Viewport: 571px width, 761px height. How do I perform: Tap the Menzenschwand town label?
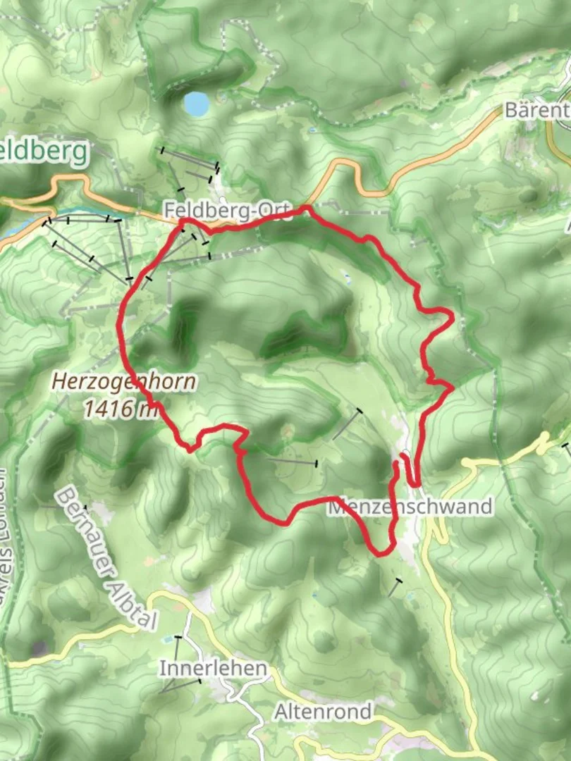(410, 507)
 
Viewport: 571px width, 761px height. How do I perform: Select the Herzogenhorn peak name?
(124, 383)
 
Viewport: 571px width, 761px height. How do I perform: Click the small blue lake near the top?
(197, 104)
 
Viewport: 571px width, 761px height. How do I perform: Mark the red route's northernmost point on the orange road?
(307, 208)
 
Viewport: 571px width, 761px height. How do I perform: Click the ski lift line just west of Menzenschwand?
(292, 462)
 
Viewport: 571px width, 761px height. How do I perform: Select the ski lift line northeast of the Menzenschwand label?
(347, 424)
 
